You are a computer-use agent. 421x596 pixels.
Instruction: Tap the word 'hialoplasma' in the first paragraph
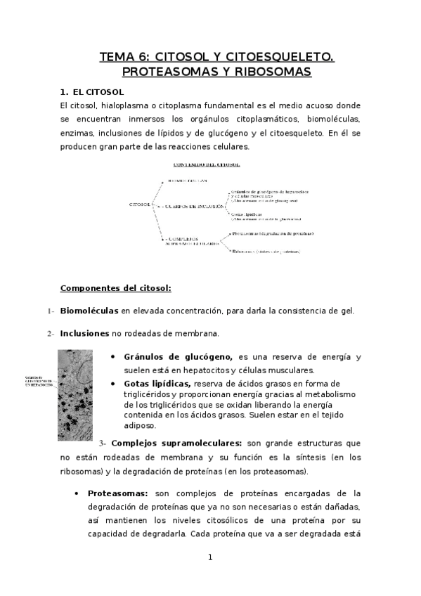115,105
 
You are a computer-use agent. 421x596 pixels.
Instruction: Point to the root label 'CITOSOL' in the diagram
141,205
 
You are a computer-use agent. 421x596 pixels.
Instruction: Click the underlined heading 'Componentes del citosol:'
111,287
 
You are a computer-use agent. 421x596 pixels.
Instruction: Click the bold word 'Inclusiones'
84,332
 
